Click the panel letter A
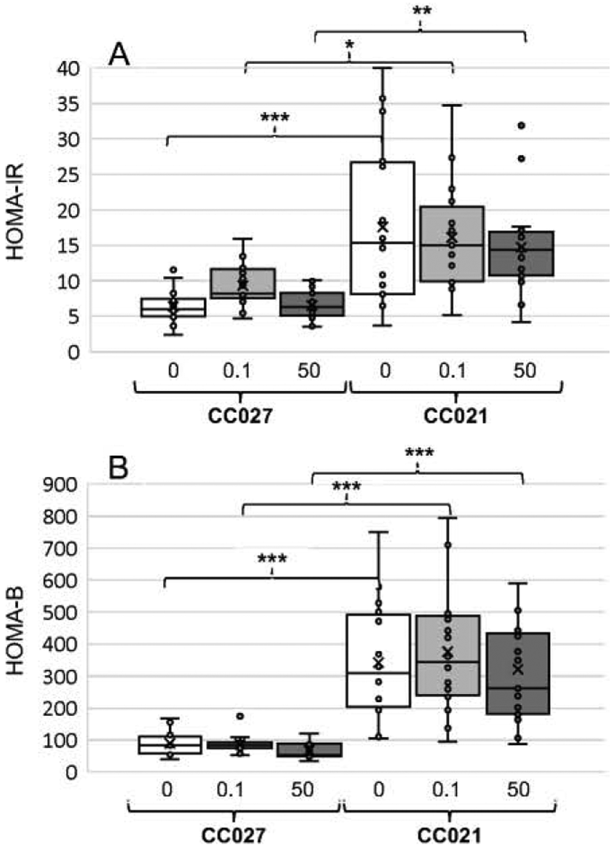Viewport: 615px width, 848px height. (x=119, y=55)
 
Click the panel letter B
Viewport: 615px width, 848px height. (x=118, y=468)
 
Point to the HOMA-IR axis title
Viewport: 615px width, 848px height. (x=15, y=211)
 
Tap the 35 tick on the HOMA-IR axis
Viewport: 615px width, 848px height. (x=68, y=105)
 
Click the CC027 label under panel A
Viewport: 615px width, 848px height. (x=240, y=416)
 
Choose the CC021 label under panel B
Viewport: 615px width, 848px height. (x=449, y=836)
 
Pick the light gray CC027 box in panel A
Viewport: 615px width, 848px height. (x=243, y=283)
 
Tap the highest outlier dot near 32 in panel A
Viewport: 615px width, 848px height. (x=522, y=125)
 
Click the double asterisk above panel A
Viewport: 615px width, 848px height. (x=422, y=11)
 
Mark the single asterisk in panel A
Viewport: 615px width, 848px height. (x=350, y=45)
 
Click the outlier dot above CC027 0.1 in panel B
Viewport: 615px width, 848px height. (x=240, y=716)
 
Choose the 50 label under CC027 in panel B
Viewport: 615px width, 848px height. (x=302, y=790)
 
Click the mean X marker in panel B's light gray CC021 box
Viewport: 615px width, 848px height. (x=448, y=651)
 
